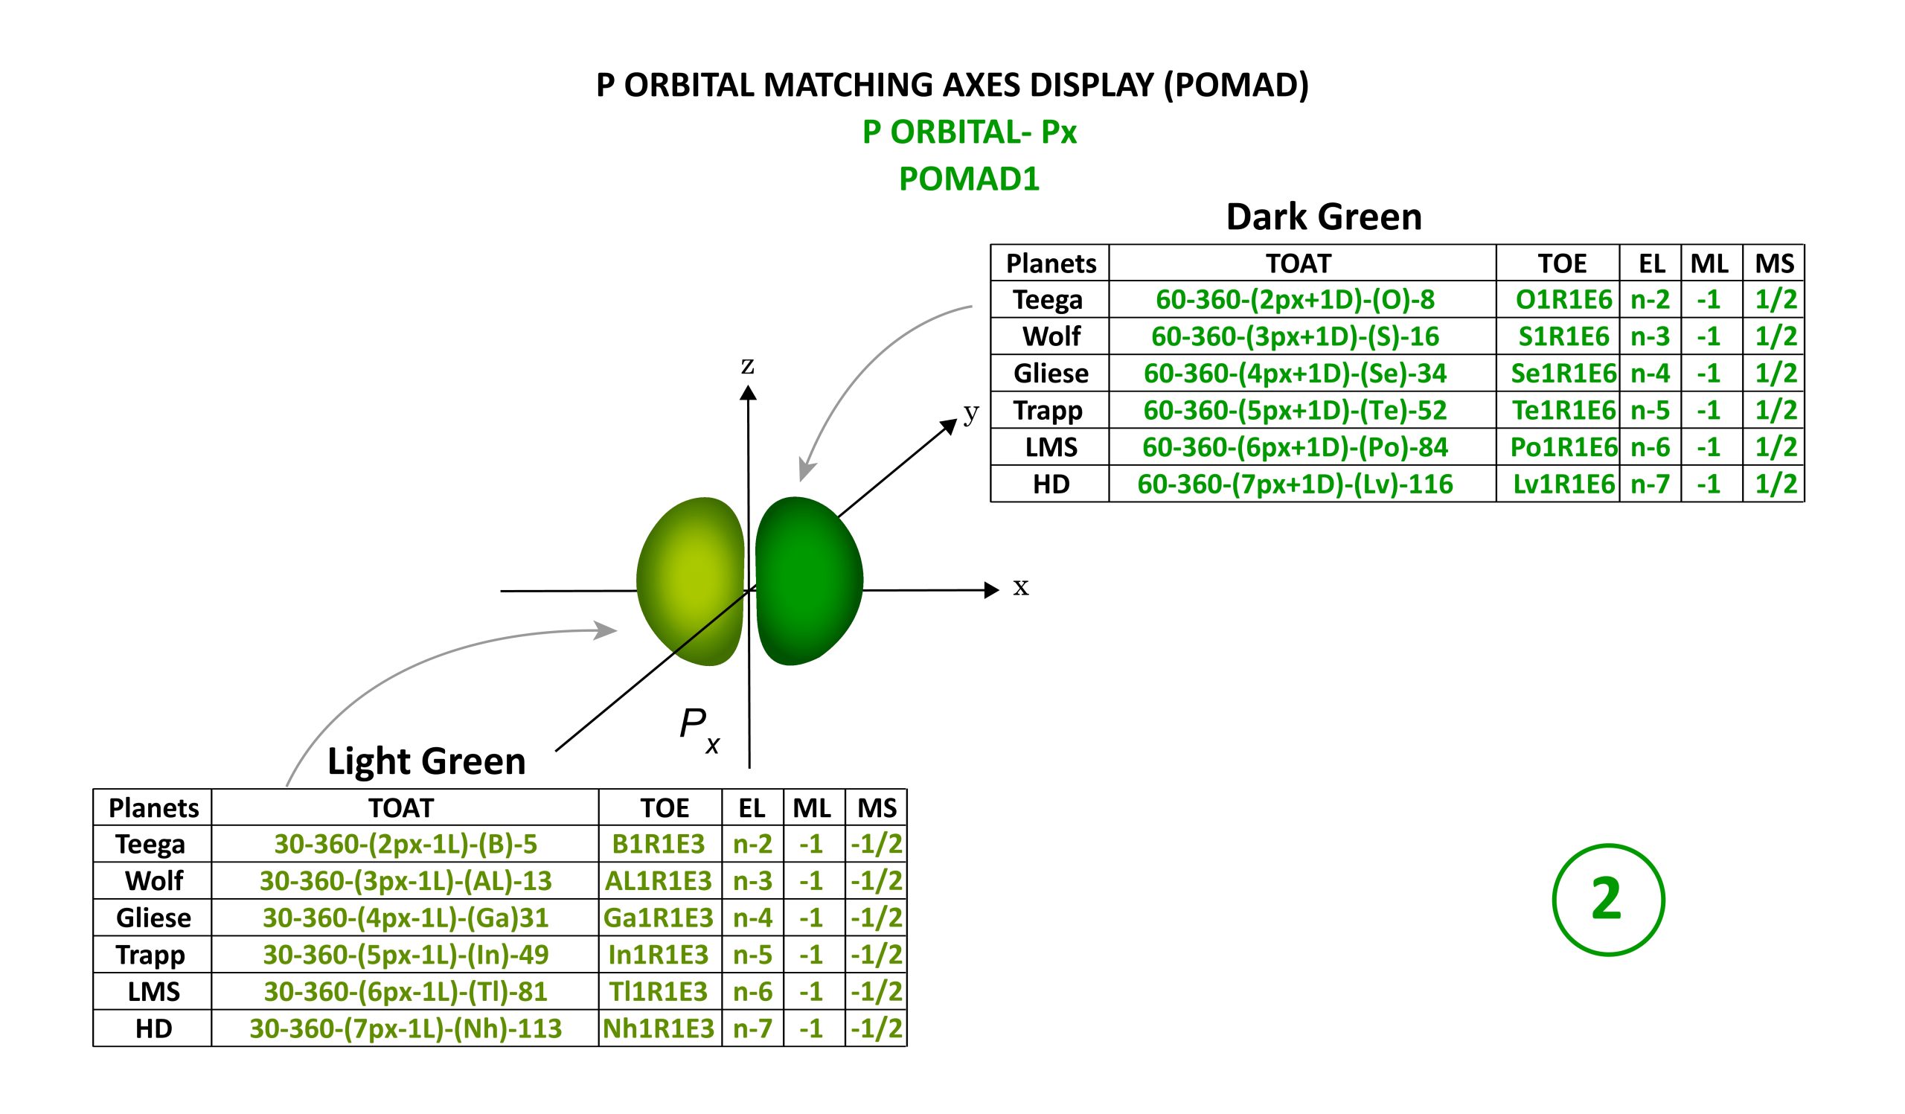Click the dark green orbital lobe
point(809,581)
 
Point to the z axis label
point(748,367)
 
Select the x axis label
point(1021,587)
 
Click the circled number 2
point(1609,900)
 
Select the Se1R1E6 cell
point(1563,374)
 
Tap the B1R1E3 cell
point(659,843)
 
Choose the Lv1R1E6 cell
point(1563,484)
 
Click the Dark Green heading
point(1324,217)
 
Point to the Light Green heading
point(426,762)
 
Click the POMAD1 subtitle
point(969,179)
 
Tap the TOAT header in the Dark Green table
point(1299,263)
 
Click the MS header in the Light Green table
point(877,809)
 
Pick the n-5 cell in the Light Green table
point(753,955)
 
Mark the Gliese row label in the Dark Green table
point(1051,374)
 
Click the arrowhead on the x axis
point(993,590)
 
